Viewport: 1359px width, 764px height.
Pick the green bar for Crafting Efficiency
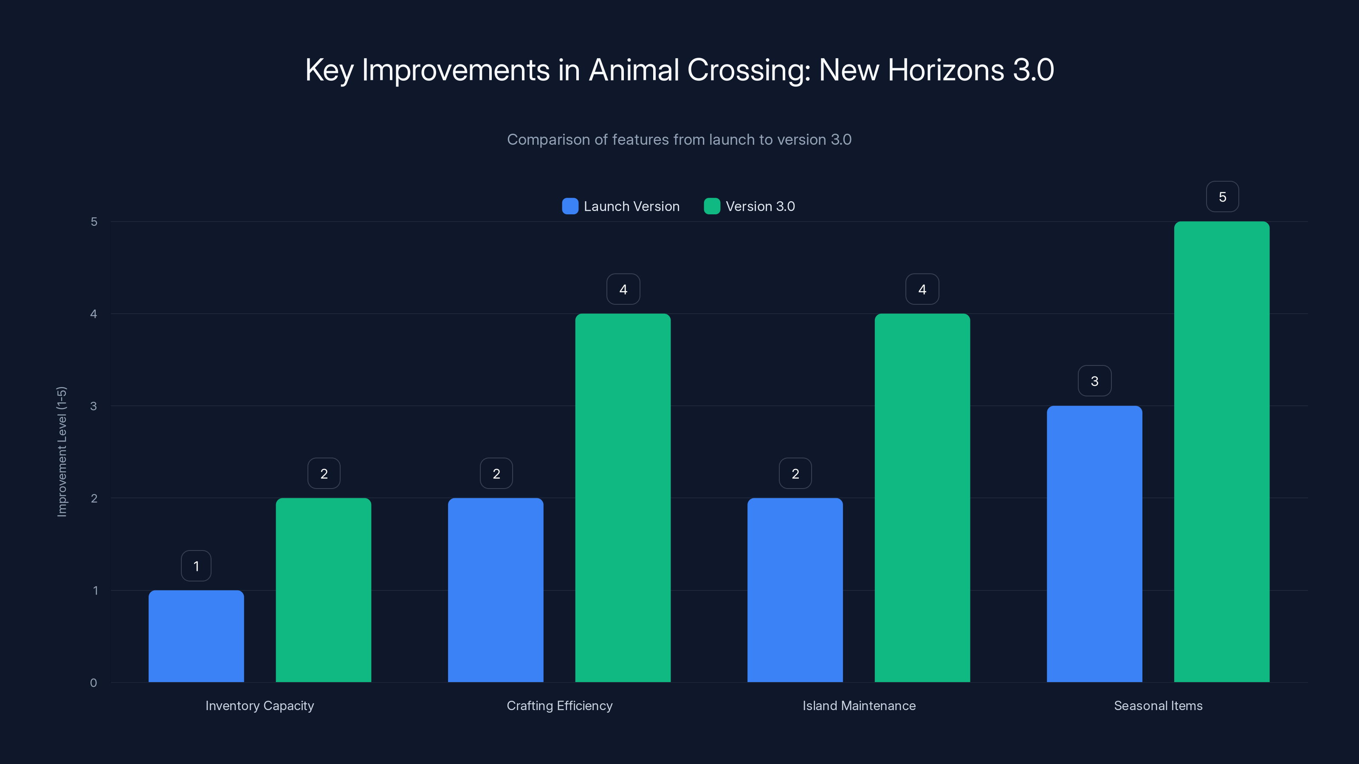click(623, 498)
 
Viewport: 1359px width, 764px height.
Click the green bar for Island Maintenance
click(922, 498)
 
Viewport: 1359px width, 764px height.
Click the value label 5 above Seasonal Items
click(1222, 197)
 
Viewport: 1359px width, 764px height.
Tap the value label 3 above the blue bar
click(1094, 381)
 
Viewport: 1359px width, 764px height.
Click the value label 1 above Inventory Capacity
click(196, 566)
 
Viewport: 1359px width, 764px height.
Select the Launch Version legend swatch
click(570, 206)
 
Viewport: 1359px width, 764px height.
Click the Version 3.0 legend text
click(760, 206)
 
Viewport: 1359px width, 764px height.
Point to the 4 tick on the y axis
click(94, 314)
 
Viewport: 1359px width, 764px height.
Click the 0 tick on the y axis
click(94, 683)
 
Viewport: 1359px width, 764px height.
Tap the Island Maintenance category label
click(859, 705)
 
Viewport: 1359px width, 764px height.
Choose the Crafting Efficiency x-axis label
click(559, 705)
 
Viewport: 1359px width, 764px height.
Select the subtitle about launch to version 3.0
click(679, 139)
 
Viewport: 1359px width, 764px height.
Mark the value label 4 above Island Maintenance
click(922, 289)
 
